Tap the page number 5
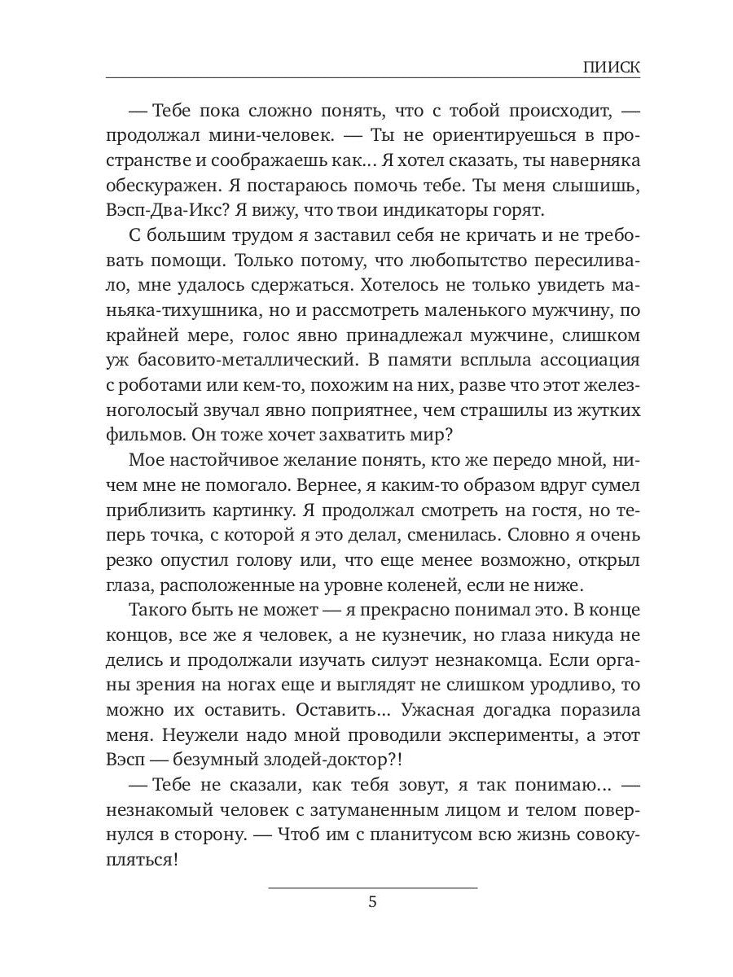372,903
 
